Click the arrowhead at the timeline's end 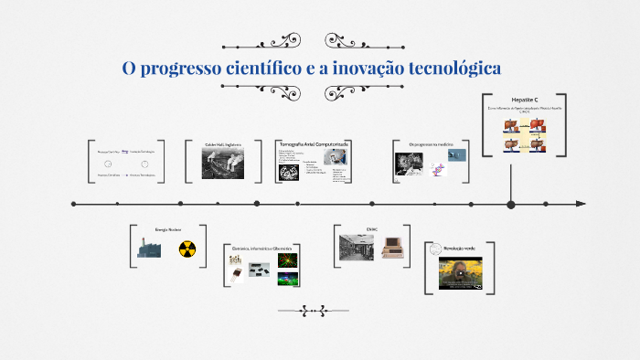point(580,204)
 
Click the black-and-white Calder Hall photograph point(221,163)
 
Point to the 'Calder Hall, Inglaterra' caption point(222,144)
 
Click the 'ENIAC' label point(371,229)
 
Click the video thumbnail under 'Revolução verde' point(460,272)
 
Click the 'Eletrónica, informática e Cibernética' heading point(261,249)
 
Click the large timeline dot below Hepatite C point(511,204)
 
